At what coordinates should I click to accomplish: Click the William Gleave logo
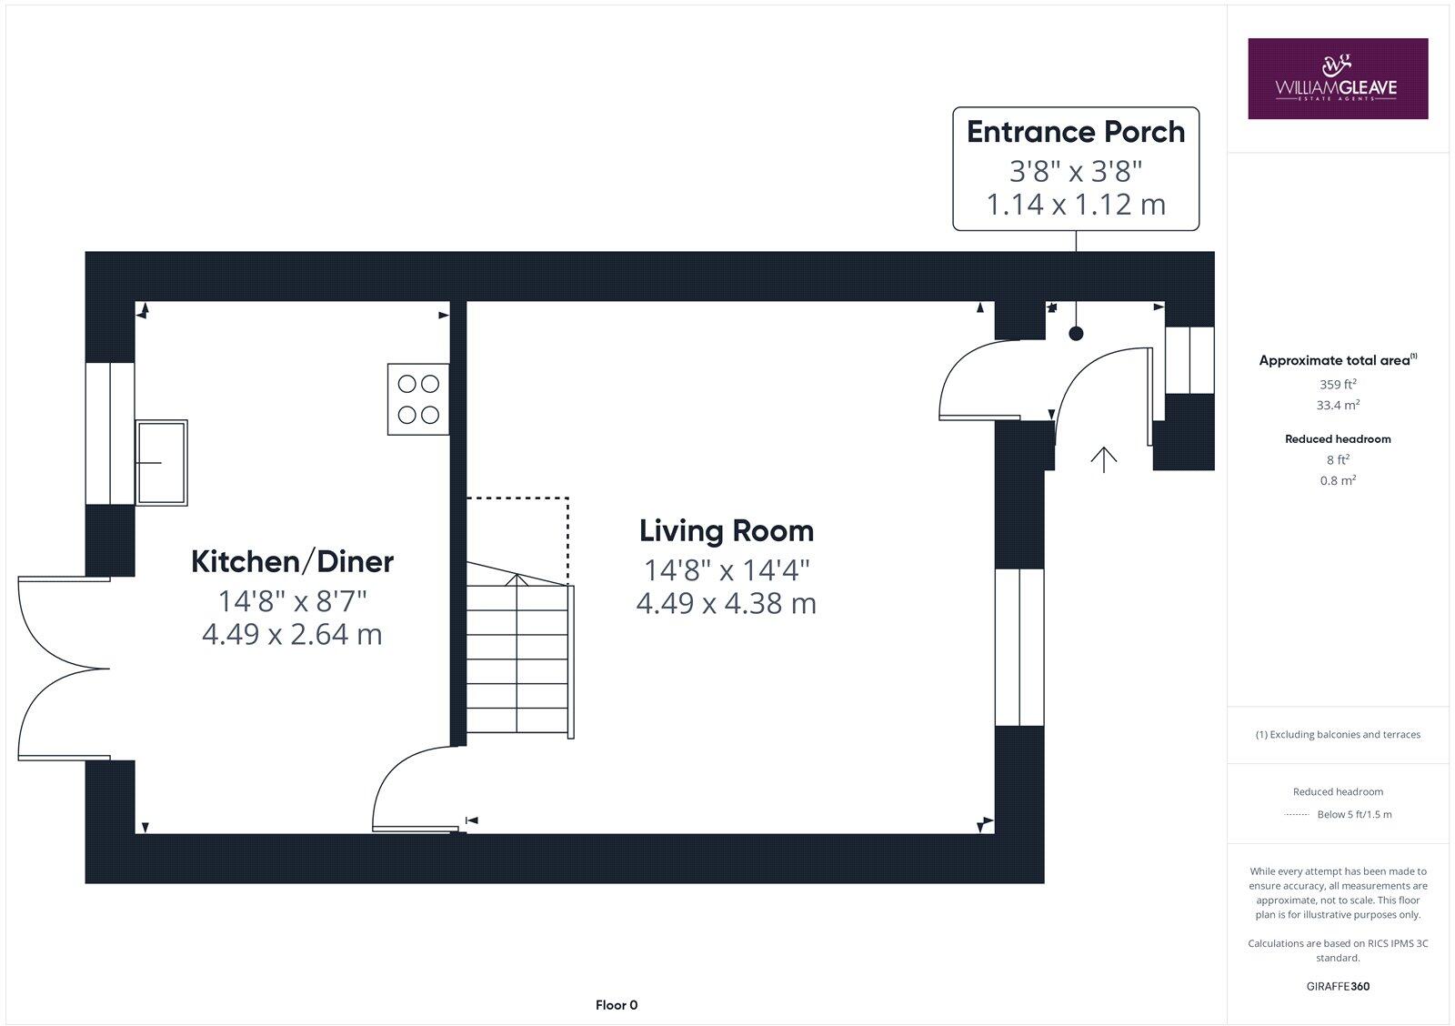(1337, 78)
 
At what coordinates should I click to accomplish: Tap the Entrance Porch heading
(1075, 133)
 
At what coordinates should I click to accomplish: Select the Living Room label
(726, 531)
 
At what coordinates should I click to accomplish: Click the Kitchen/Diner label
(292, 562)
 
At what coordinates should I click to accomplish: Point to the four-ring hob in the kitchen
(418, 399)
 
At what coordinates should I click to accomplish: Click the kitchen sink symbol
(161, 462)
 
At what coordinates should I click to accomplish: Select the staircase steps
(518, 659)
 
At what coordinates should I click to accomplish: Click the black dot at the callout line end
(1076, 334)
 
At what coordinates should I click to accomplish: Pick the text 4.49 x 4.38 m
(726, 604)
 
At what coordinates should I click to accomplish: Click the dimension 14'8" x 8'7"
(292, 601)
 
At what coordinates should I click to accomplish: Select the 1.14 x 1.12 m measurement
(1075, 205)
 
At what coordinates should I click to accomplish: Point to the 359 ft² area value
(1338, 385)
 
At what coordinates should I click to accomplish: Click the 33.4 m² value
(1338, 406)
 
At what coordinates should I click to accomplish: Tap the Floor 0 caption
(616, 1005)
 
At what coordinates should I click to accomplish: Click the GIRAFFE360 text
(1338, 986)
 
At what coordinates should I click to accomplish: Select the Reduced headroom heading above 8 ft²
(1338, 439)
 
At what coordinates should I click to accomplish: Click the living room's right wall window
(1019, 647)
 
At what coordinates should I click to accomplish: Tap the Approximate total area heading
(1335, 361)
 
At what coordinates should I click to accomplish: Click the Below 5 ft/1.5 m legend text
(1354, 815)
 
